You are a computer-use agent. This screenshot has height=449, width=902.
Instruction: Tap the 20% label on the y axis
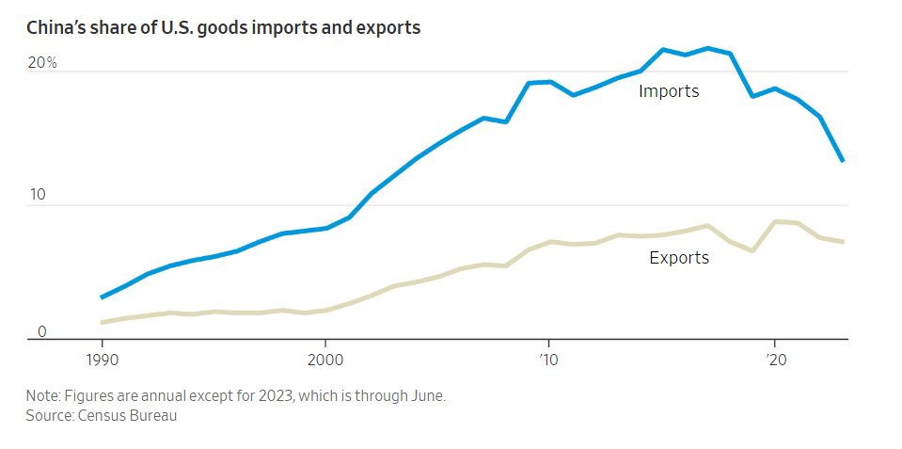(42, 63)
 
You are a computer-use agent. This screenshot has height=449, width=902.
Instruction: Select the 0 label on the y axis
(42, 331)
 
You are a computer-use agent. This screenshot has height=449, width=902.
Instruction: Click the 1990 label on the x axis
(101, 359)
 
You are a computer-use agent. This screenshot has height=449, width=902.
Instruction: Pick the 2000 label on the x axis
(324, 359)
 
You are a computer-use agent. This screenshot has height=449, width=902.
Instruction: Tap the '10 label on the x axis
(547, 359)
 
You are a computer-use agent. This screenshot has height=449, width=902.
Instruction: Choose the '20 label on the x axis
(772, 359)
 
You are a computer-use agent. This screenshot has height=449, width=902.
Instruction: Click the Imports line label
(669, 91)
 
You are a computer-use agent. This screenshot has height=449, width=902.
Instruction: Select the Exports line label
(679, 257)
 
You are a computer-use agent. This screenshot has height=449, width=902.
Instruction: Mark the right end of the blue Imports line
(843, 161)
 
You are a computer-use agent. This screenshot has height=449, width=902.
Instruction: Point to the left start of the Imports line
(102, 297)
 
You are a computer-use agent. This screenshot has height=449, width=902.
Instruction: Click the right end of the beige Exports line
(843, 242)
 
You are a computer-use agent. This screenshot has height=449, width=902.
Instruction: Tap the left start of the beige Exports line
(102, 323)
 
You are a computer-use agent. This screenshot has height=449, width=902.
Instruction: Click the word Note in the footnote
(42, 396)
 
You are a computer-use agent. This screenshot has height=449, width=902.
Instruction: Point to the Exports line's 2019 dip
(752, 250)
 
